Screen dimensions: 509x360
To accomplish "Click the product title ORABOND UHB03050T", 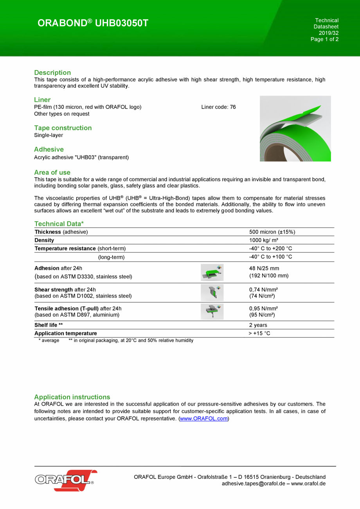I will (x=93, y=23).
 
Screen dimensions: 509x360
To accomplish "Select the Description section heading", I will (x=52, y=72).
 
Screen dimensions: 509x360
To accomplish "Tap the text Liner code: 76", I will (x=218, y=107).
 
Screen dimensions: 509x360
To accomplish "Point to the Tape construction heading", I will (x=63, y=128).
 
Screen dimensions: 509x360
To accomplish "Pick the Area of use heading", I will (x=52, y=172).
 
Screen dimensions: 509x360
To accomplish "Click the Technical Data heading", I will (x=59, y=224).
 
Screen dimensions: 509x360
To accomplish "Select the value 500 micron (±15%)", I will (x=272, y=232).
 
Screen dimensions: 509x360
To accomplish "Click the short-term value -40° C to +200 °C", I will (x=270, y=248).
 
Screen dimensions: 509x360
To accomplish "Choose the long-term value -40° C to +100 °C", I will (x=270, y=257).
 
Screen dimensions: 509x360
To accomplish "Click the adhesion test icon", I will (x=212, y=272).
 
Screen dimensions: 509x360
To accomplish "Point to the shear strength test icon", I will (x=212, y=292).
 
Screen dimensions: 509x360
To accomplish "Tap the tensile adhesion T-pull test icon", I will (x=212, y=312).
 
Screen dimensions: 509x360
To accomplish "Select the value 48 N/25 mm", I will (x=264, y=269).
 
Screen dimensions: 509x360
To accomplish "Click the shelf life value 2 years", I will (x=258, y=325).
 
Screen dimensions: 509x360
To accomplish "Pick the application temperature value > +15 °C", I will (x=259, y=333).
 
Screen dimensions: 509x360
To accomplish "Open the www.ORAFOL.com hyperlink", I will (x=203, y=419).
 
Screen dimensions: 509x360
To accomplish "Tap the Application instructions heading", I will (x=72, y=397).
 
